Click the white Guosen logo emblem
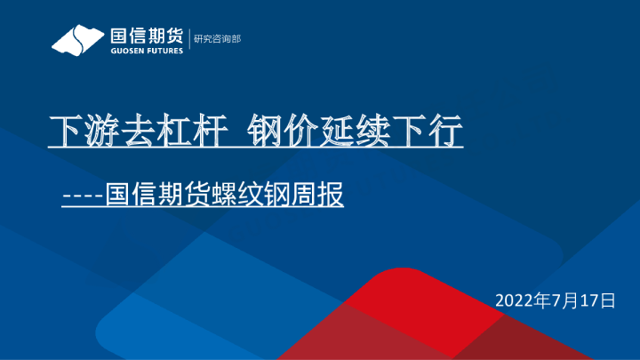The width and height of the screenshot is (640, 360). click(76, 40)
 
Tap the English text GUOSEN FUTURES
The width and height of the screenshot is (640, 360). click(146, 51)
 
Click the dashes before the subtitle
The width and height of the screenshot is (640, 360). click(82, 195)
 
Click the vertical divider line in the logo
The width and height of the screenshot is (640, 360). click(189, 39)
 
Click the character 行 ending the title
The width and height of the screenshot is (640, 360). click(451, 132)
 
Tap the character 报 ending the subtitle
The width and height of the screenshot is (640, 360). click(332, 195)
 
